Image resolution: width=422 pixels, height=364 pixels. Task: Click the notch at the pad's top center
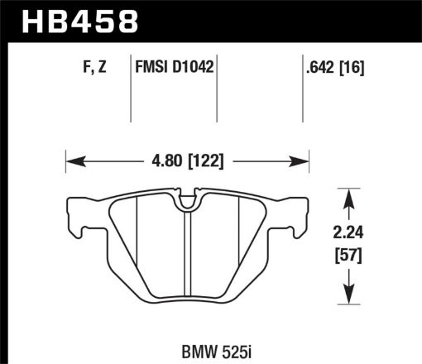pyautogui.click(x=187, y=201)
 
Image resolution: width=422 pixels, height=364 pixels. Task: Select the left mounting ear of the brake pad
pyautogui.click(x=74, y=216)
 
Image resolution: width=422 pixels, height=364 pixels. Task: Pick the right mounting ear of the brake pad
pyautogui.click(x=300, y=216)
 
